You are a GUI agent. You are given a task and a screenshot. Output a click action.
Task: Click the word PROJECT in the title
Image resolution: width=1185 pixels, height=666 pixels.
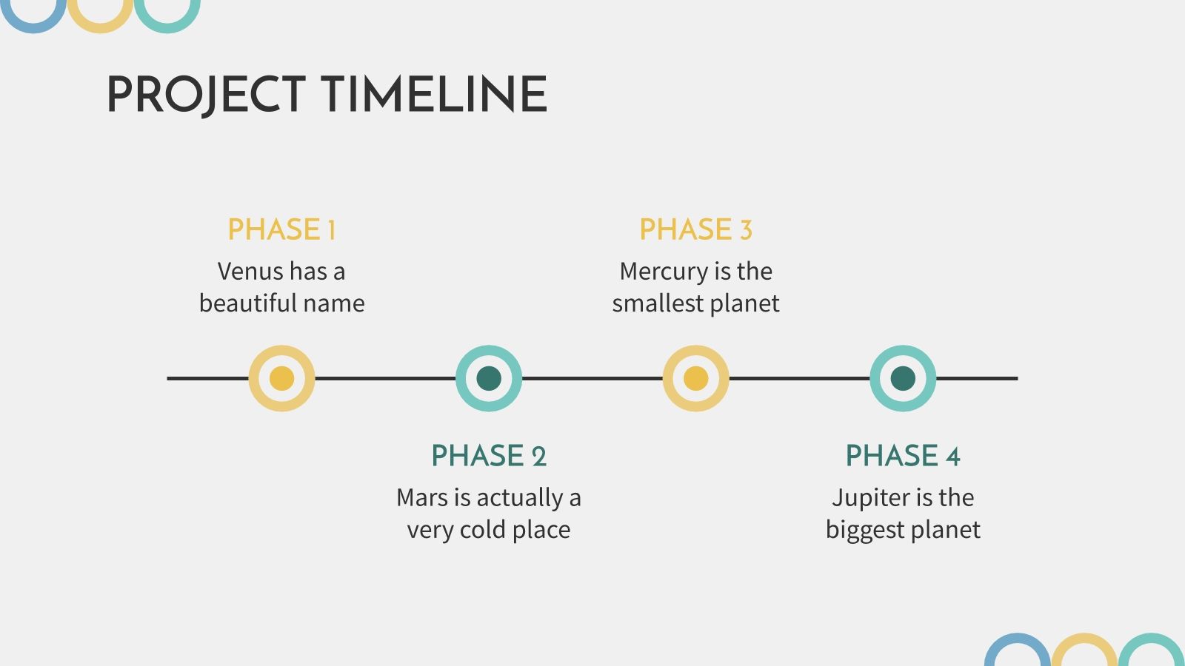[207, 95]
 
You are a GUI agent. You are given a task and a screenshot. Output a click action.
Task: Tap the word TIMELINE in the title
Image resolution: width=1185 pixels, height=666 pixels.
[434, 94]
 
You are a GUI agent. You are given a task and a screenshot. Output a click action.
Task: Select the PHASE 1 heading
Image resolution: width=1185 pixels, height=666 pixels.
[281, 229]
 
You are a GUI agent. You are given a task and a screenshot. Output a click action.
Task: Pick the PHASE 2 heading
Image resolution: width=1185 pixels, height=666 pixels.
[489, 456]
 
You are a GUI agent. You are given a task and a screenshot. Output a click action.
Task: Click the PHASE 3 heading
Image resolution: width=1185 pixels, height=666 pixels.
[695, 229]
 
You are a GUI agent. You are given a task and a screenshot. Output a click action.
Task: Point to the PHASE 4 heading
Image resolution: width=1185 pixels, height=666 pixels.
[903, 456]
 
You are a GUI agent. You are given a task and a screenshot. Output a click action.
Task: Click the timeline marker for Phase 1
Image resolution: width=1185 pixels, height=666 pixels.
[282, 378]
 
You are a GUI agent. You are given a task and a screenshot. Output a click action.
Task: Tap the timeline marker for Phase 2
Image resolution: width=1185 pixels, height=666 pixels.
[489, 378]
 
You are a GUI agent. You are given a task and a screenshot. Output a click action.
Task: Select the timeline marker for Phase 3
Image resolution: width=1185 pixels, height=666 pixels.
[695, 378]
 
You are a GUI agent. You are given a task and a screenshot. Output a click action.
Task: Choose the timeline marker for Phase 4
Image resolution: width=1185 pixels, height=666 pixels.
[903, 378]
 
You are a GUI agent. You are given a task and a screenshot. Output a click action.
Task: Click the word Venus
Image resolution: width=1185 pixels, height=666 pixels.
[251, 272]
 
